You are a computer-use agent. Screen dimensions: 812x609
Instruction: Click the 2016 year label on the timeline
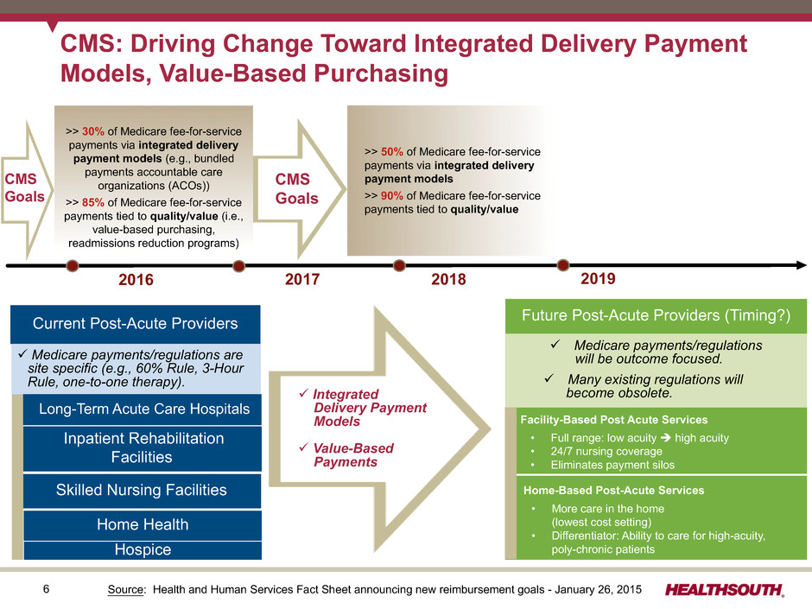[x=136, y=280]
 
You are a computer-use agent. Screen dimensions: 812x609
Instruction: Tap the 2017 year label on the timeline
[x=302, y=279]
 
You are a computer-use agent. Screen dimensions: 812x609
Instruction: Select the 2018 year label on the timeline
[x=448, y=279]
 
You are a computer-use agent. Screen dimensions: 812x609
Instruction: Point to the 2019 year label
[x=598, y=279]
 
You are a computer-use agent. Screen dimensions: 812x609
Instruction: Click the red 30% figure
[x=93, y=131]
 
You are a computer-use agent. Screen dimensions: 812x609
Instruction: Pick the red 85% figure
[x=93, y=202]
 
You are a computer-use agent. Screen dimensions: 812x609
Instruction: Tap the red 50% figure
[x=392, y=152]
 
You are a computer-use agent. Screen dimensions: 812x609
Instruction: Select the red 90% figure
[x=392, y=196]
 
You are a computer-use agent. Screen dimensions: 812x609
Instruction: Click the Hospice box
[x=143, y=550]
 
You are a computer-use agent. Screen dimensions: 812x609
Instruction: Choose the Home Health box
[x=143, y=524]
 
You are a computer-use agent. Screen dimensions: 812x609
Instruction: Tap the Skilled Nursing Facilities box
[x=143, y=490]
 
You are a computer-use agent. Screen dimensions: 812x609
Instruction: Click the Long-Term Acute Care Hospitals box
[x=143, y=409]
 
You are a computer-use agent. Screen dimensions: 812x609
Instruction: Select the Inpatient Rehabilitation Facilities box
[x=143, y=448]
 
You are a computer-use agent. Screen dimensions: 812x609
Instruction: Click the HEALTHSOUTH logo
[x=725, y=590]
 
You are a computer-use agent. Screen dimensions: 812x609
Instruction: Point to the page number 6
[x=46, y=589]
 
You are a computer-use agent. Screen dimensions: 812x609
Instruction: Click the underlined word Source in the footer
[x=126, y=589]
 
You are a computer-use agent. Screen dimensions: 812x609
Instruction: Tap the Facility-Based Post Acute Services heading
[x=613, y=420]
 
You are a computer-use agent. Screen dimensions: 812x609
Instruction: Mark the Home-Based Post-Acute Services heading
[x=613, y=491]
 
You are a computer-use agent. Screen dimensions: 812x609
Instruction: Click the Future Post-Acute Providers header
[x=656, y=316]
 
